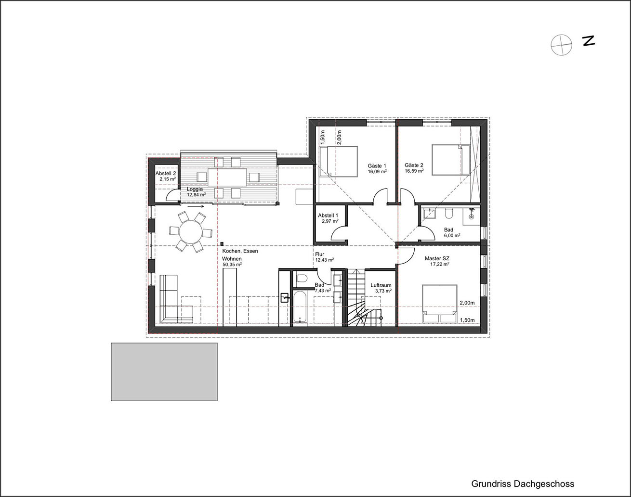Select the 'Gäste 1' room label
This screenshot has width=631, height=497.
[x=377, y=166]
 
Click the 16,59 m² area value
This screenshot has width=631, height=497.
[x=414, y=170]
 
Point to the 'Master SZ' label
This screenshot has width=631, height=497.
[x=437, y=259]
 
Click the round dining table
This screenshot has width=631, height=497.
[x=191, y=231]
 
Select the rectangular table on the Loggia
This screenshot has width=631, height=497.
[x=227, y=177]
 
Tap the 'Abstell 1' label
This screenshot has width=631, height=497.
[x=328, y=216]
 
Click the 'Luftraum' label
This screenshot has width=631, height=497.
[x=381, y=285]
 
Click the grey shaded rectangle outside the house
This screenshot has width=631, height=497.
[x=164, y=372]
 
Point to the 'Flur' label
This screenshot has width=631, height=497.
[x=320, y=254]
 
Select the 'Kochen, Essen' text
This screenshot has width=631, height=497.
[x=240, y=251]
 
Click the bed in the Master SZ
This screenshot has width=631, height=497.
[x=439, y=304]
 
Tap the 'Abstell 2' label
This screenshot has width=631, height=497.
[x=166, y=173]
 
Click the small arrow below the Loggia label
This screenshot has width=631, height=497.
[x=196, y=206]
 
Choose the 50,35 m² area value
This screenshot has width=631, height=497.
[x=232, y=264]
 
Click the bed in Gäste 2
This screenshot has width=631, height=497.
[x=451, y=160]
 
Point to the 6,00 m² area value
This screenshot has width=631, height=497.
[x=452, y=235]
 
